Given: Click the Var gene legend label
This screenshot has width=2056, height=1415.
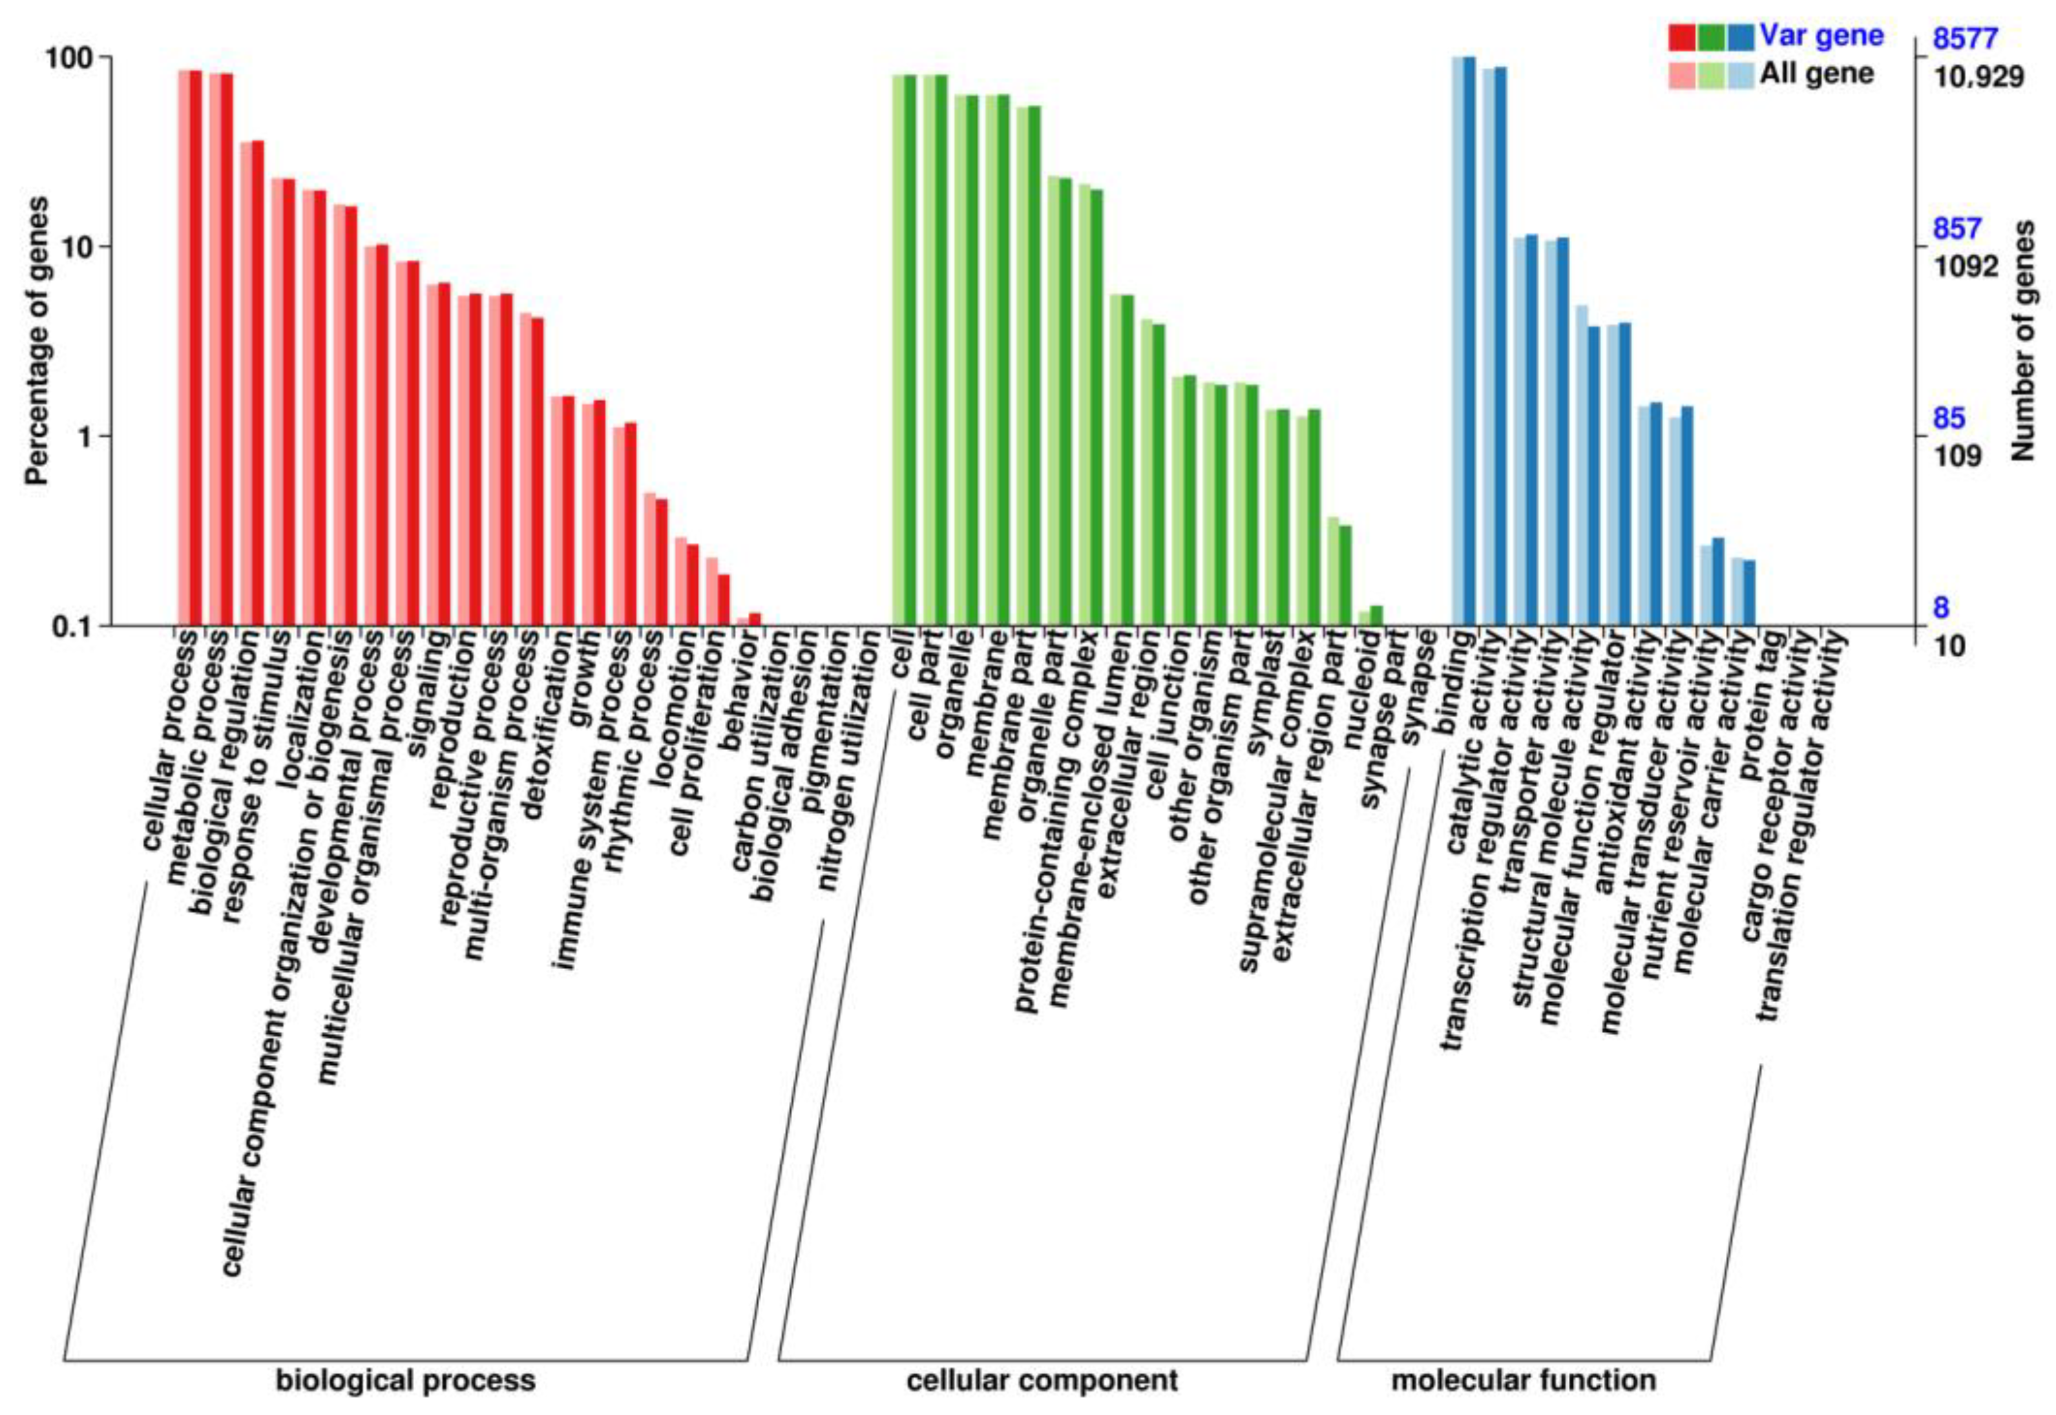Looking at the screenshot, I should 1821,36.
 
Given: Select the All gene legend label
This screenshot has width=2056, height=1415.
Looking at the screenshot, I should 1817,74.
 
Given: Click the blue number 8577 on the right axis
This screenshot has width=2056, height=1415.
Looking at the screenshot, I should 1965,39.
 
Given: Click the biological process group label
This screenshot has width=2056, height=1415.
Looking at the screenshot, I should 405,1380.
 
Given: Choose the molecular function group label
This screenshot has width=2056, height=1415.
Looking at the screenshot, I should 1522,1380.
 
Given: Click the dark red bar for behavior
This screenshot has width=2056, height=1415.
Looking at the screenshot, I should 755,619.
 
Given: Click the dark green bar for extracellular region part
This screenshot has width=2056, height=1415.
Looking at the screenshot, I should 1345,576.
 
